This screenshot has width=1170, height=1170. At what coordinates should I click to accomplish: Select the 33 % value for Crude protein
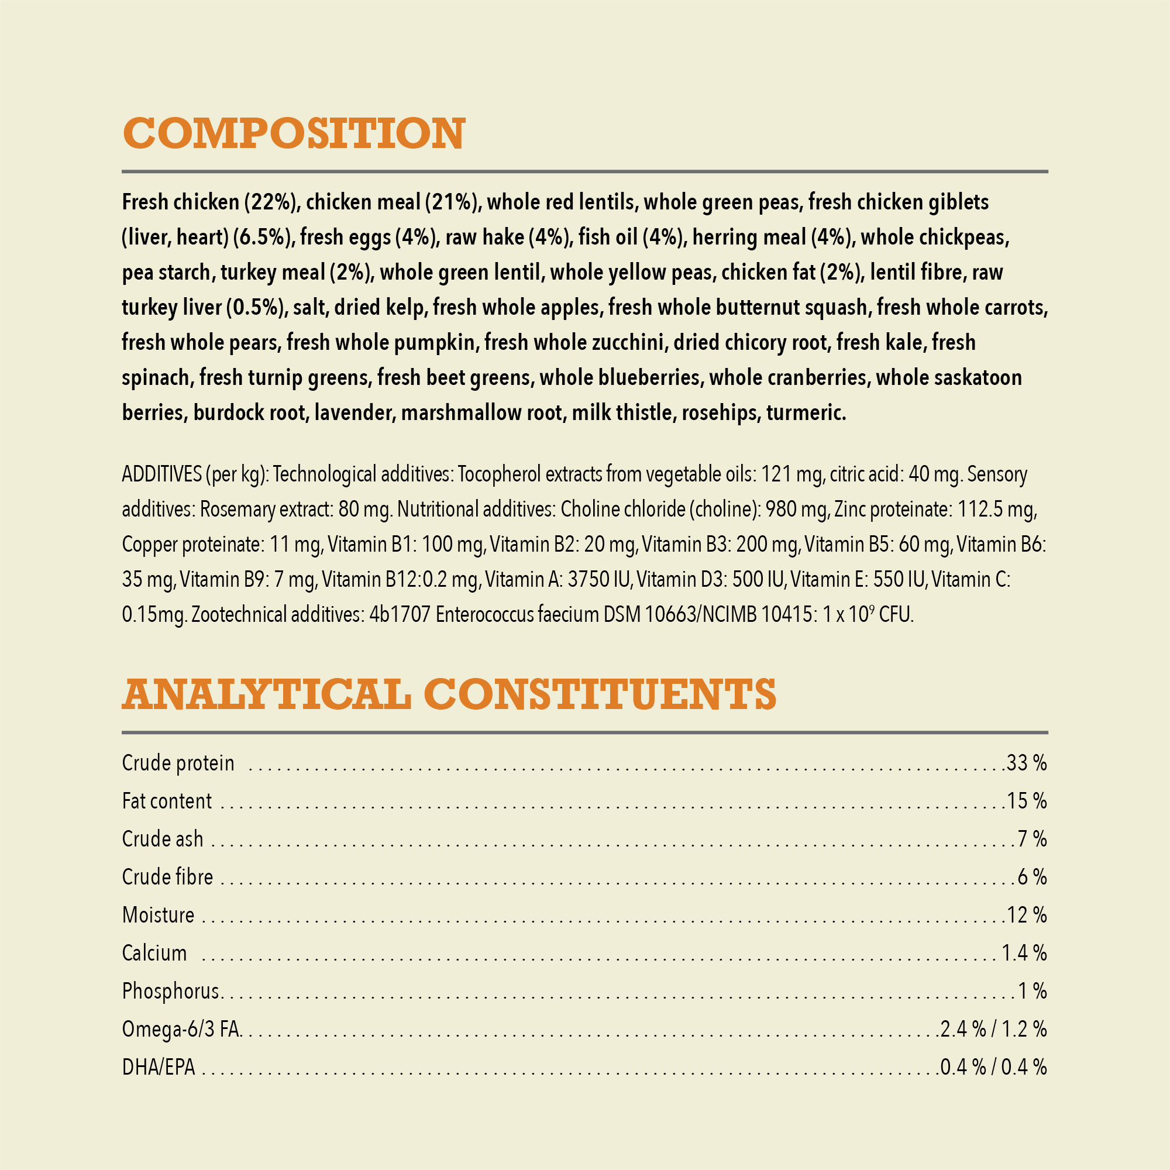[x=1027, y=763]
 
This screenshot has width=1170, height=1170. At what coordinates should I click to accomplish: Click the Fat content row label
[x=167, y=801]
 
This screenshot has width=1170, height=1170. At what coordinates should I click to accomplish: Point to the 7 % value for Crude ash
[x=1032, y=839]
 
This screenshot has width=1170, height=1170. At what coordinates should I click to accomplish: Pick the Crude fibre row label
[x=167, y=877]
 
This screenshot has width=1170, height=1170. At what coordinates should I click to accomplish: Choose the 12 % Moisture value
[x=1027, y=915]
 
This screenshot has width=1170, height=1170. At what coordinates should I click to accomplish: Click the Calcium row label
[x=154, y=953]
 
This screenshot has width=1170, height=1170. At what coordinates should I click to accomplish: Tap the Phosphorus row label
[x=170, y=992]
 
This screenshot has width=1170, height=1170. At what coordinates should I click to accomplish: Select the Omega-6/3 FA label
[x=181, y=1030]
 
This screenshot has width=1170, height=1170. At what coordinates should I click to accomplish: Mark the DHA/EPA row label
[x=159, y=1068]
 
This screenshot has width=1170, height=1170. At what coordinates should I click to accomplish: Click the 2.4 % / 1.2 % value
[x=993, y=1030]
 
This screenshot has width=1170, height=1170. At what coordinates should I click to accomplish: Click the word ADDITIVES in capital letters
[x=161, y=474]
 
